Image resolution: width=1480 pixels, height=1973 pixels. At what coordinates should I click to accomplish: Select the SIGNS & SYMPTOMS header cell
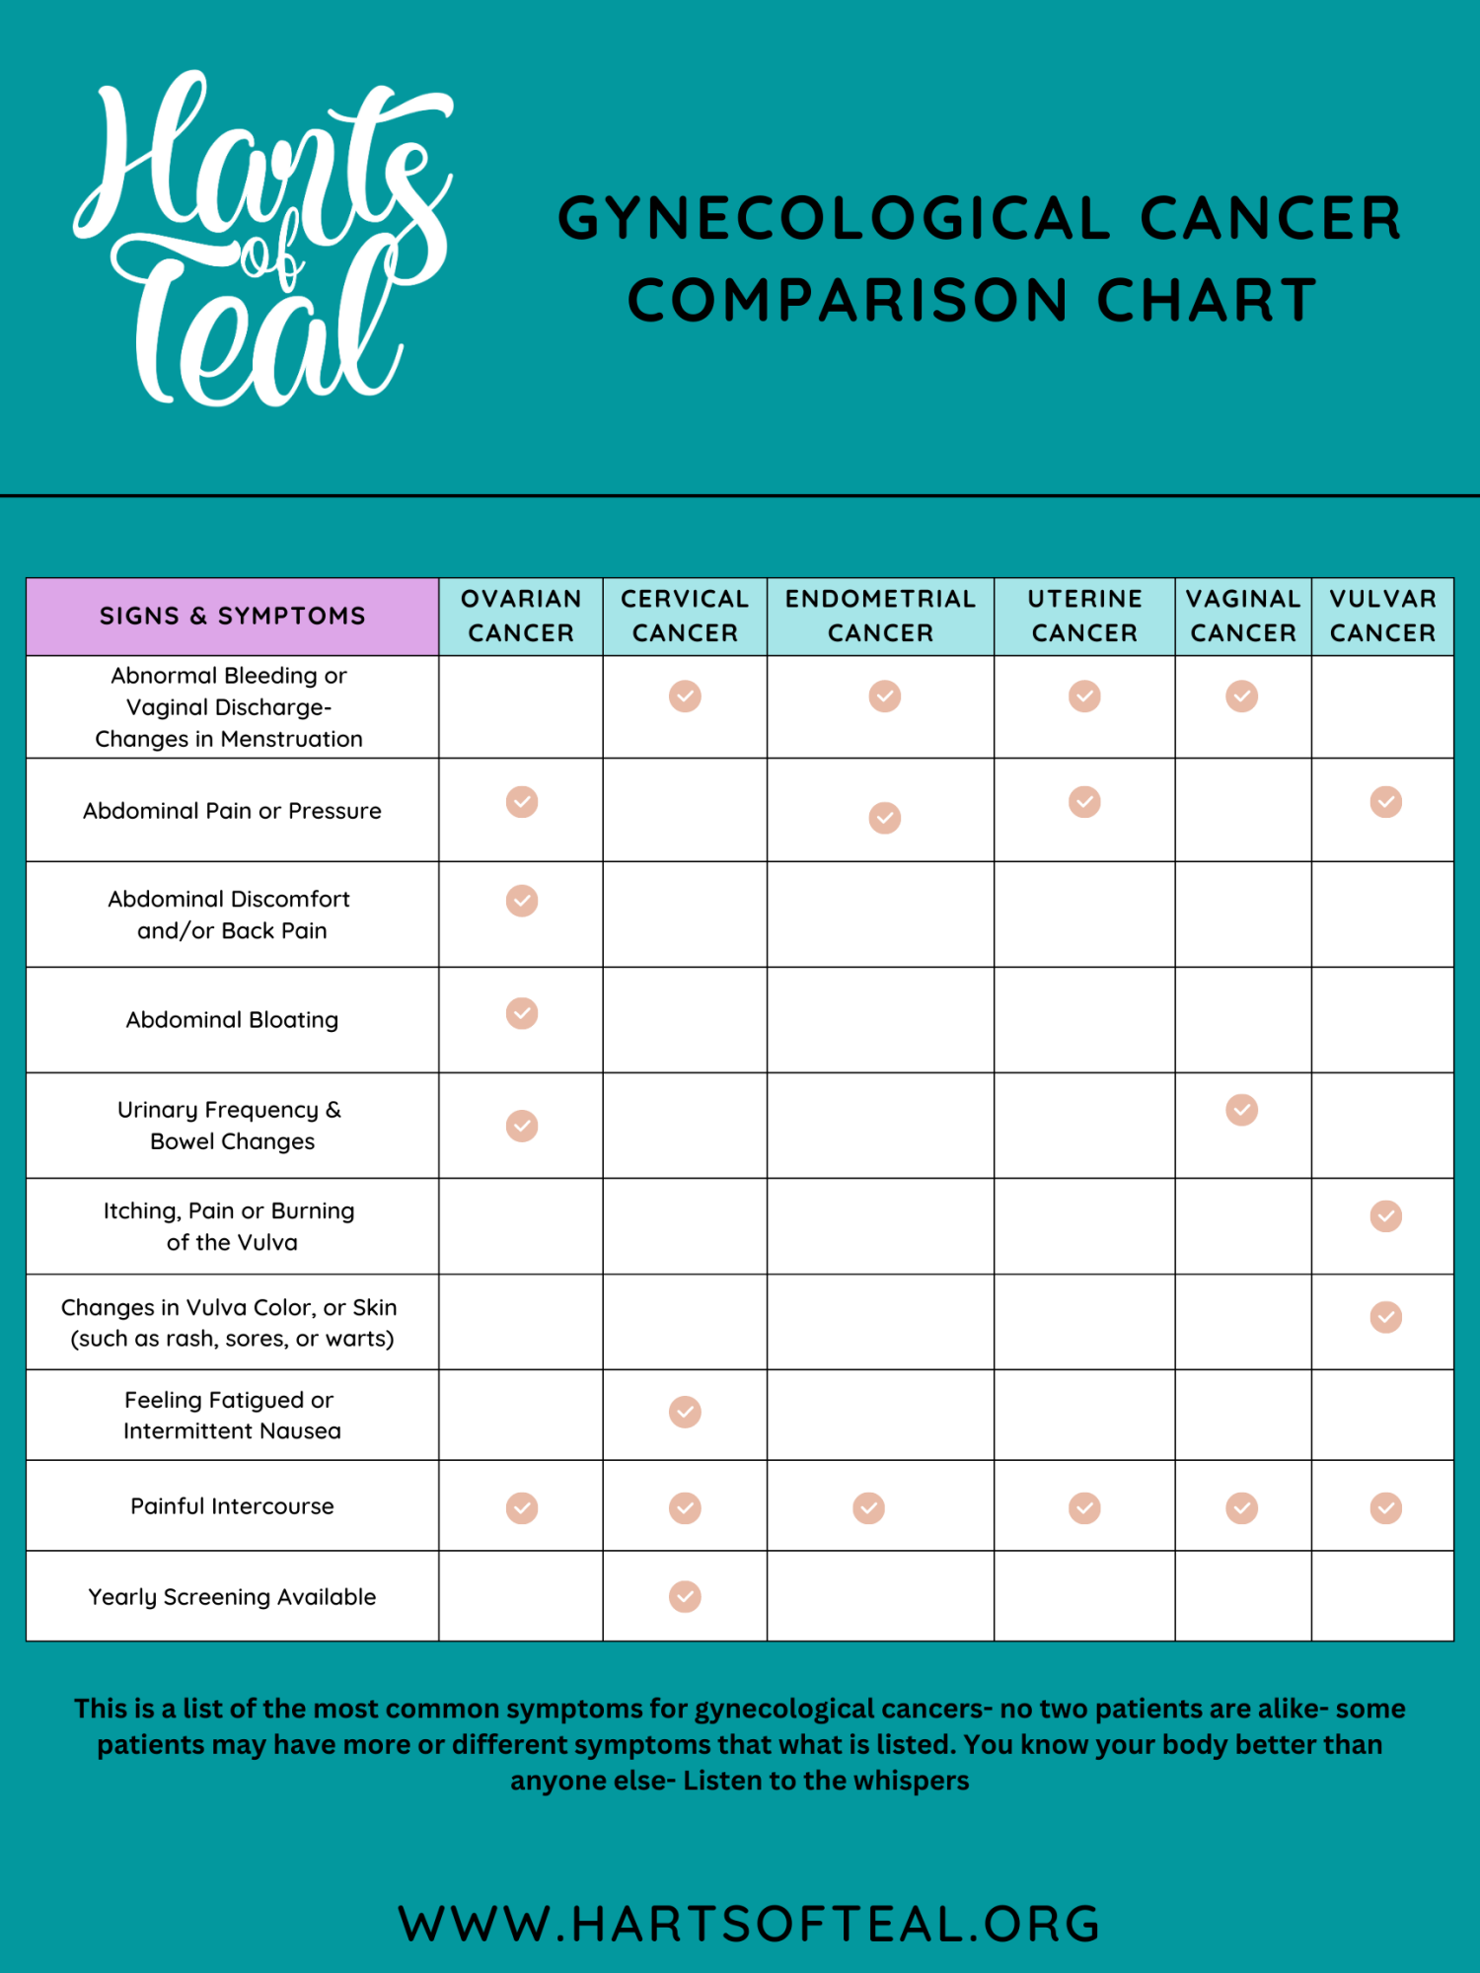pyautogui.click(x=233, y=617)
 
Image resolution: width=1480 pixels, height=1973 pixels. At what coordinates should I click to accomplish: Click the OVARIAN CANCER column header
pyautogui.click(x=521, y=617)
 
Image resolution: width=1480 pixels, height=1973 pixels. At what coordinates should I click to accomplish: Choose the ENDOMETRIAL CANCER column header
pyautogui.click(x=880, y=617)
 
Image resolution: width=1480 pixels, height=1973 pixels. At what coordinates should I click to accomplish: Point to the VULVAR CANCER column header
pyautogui.click(x=1382, y=617)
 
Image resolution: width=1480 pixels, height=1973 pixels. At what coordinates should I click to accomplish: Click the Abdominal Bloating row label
pyautogui.click(x=232, y=1020)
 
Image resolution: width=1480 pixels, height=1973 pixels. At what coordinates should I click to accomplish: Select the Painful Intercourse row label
pyautogui.click(x=232, y=1506)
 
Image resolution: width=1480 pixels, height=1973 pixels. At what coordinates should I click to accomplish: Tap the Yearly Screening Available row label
pyautogui.click(x=232, y=1597)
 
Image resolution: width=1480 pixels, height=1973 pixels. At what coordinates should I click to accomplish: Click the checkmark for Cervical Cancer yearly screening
pyautogui.click(x=685, y=1596)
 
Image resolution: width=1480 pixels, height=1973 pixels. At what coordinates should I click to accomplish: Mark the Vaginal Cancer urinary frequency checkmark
pyautogui.click(x=1241, y=1110)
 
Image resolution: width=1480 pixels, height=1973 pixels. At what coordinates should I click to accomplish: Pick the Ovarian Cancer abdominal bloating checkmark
pyautogui.click(x=522, y=1013)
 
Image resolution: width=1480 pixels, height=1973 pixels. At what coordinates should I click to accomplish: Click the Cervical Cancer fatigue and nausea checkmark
pyautogui.click(x=685, y=1412)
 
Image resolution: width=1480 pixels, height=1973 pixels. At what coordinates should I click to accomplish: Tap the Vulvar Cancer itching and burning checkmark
pyautogui.click(x=1385, y=1216)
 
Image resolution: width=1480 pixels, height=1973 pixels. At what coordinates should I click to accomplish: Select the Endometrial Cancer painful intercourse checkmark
pyautogui.click(x=868, y=1507)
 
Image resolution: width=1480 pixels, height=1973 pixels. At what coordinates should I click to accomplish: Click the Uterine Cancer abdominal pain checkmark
pyautogui.click(x=1084, y=801)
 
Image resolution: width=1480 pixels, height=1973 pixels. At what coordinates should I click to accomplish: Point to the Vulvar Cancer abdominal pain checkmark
pyautogui.click(x=1385, y=801)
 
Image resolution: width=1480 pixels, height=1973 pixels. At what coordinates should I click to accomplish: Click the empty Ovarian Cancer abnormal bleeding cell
pyautogui.click(x=521, y=706)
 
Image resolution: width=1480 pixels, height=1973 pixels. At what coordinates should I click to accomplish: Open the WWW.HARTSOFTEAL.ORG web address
pyautogui.click(x=749, y=1924)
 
